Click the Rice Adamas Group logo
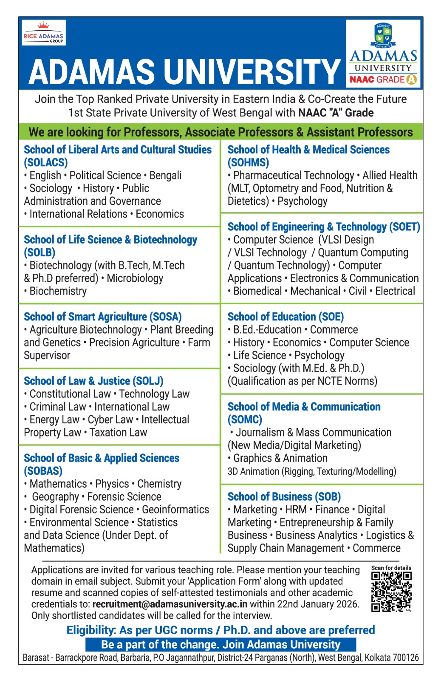tap(43, 33)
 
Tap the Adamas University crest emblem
tap(383, 36)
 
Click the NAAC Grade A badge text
tap(383, 79)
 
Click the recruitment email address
tap(170, 604)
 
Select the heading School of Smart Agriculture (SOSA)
tap(103, 317)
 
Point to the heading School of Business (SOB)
tap(284, 496)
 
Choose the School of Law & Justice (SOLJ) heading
tap(93, 381)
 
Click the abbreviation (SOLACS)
tap(46, 162)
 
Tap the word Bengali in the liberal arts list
tap(165, 175)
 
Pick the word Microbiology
tap(135, 278)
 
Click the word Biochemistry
tap(58, 291)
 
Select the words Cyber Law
tap(110, 419)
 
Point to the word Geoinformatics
tap(175, 509)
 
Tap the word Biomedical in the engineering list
tap(257, 291)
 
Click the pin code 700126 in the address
tap(406, 657)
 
